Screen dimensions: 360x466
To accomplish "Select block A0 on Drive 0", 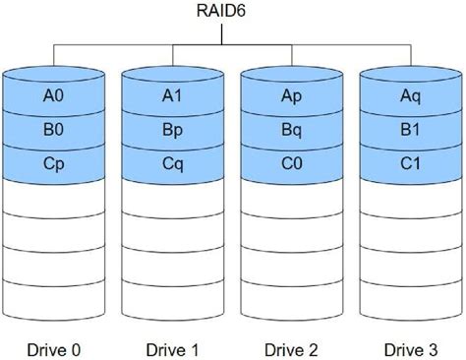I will pos(53,97).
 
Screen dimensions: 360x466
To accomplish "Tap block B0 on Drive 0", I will pos(53,129).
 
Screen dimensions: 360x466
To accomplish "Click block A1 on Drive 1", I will pos(172,97).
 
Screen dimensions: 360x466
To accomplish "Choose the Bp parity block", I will pos(172,129).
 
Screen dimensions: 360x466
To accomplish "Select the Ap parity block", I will pos(291,97).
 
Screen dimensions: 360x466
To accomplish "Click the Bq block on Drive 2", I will pos(291,129).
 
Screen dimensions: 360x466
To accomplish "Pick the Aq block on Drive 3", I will pos(410,97).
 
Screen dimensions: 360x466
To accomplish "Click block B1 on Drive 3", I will pos(410,129).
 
